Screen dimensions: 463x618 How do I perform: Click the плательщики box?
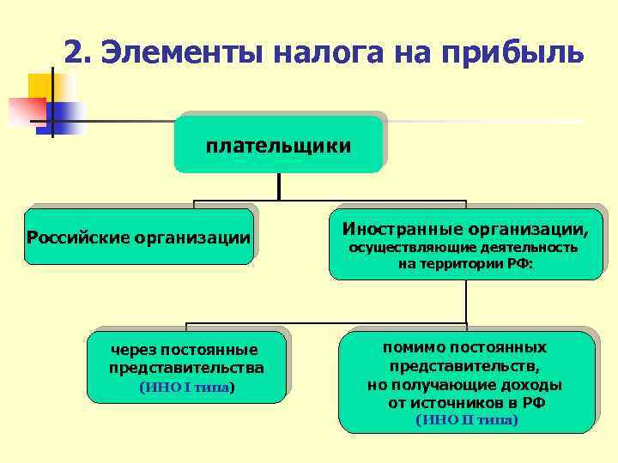point(278,145)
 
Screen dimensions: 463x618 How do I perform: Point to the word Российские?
point(80,238)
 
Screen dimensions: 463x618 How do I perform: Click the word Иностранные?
point(403,229)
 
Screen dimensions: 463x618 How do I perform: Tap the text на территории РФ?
point(465,265)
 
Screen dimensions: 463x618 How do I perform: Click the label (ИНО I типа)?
point(186,388)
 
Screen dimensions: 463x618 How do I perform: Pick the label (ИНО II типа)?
point(466,420)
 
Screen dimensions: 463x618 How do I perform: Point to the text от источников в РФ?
point(466,402)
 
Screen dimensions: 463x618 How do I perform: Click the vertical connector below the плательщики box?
point(278,187)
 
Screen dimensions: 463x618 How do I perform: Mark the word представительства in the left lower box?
point(186,368)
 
